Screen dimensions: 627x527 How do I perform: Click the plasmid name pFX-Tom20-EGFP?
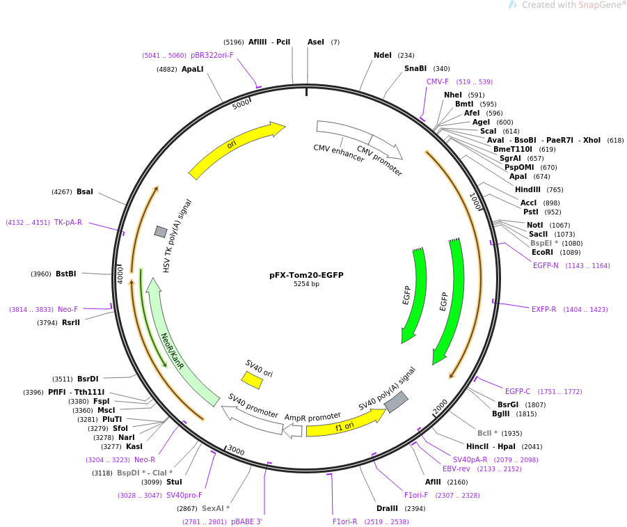[x=306, y=275]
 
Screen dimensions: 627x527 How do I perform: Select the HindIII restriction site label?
[x=527, y=189]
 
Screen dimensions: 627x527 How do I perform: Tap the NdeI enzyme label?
[x=383, y=55]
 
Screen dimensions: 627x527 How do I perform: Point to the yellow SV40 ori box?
[x=252, y=380]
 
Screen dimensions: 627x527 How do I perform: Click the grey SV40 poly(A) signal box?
[x=396, y=402]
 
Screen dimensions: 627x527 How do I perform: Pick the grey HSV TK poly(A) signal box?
[x=161, y=231]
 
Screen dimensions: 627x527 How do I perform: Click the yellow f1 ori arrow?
[x=347, y=424]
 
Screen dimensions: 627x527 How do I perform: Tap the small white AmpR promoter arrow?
[x=292, y=430]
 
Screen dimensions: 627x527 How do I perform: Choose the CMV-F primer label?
[x=438, y=81]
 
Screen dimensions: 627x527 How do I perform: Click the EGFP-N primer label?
[x=546, y=265]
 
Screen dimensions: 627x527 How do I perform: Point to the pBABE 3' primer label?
[x=247, y=522]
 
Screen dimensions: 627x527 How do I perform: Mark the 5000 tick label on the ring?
[x=241, y=104]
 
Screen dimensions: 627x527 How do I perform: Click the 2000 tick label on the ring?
[x=440, y=407]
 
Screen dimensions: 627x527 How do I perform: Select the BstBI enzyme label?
[x=66, y=274]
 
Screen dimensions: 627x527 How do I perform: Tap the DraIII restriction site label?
[x=387, y=509]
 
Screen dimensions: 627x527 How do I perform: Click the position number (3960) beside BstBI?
[x=41, y=274]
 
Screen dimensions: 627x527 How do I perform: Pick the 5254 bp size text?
[x=306, y=284]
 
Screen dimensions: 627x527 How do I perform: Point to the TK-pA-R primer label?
[x=68, y=222]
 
